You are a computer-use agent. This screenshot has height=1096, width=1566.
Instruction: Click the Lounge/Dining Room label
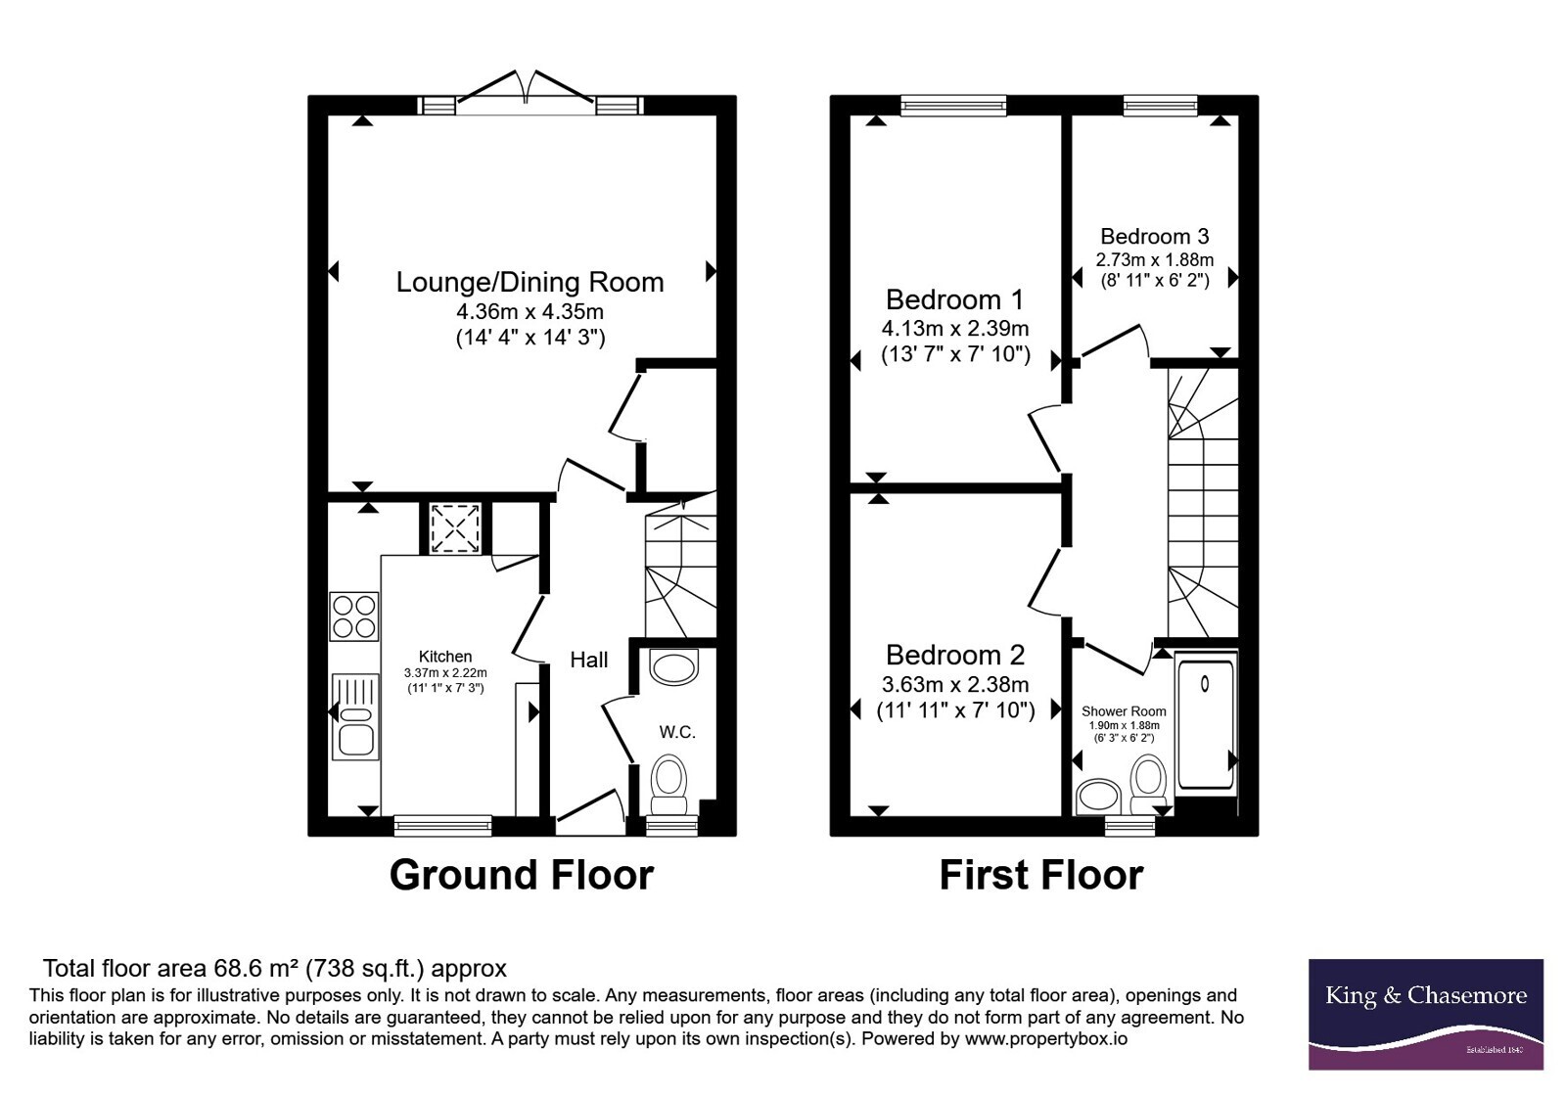point(530,283)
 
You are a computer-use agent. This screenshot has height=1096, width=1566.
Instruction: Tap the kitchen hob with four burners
point(353,616)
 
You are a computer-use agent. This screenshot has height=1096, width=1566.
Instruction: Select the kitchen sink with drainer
point(355,716)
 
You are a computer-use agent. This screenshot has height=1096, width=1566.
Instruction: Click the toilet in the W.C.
point(669,784)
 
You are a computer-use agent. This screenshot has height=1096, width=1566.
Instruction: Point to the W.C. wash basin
point(674,666)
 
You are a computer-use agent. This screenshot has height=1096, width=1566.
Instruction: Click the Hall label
point(588,660)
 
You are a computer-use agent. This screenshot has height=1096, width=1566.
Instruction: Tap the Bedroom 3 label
point(1154,236)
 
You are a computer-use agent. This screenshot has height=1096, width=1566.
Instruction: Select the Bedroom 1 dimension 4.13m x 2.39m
point(955,328)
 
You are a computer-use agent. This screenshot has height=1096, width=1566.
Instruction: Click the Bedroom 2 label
point(955,655)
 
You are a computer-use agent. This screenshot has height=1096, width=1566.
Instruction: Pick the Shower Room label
point(1124,711)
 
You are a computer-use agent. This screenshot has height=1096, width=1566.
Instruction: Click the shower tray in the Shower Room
point(1206,723)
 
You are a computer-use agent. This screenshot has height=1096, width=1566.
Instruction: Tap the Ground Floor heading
point(522,875)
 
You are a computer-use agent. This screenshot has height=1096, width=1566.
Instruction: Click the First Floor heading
point(1041,875)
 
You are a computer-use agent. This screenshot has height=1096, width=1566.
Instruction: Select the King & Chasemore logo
point(1426,1014)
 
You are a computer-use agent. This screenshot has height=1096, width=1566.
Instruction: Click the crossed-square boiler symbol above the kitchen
point(455,528)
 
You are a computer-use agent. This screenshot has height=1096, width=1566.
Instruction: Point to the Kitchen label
point(445,657)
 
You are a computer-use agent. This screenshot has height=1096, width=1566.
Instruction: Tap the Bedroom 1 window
point(953,106)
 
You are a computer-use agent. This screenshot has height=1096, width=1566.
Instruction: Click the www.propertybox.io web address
point(1046,1039)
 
